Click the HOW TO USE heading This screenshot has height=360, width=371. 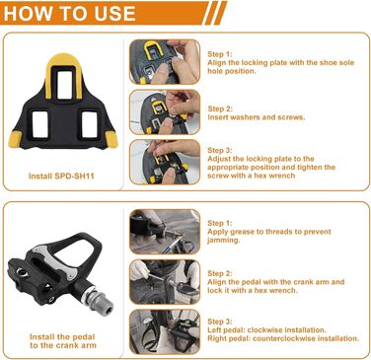(69, 13)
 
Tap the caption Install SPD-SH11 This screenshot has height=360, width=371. (61, 176)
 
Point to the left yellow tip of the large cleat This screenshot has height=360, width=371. (16, 139)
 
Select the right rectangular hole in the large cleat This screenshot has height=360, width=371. (90, 124)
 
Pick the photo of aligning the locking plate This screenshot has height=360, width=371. (165, 62)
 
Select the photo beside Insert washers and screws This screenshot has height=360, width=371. (165, 112)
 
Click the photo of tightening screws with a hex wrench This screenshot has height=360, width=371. (165, 162)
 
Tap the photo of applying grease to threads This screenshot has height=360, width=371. (165, 232)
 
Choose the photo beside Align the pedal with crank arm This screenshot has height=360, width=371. (165, 282)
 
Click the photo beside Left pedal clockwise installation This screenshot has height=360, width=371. (165, 331)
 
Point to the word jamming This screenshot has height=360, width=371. (223, 241)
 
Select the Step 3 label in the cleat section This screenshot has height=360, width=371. (220, 150)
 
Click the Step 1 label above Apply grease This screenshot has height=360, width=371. (220, 223)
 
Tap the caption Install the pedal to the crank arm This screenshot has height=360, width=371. (63, 341)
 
